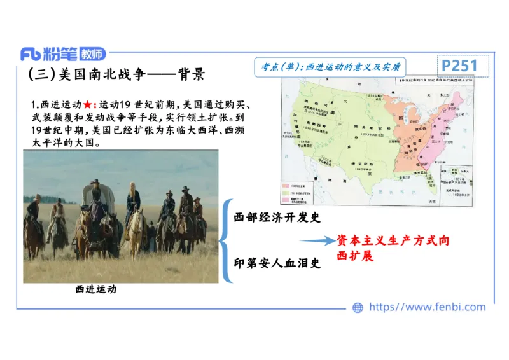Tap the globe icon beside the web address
click(x=358, y=307)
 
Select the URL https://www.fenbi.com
click(x=428, y=307)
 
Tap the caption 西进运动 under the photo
click(x=96, y=289)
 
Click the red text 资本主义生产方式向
click(x=393, y=240)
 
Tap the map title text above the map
click(x=434, y=81)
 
